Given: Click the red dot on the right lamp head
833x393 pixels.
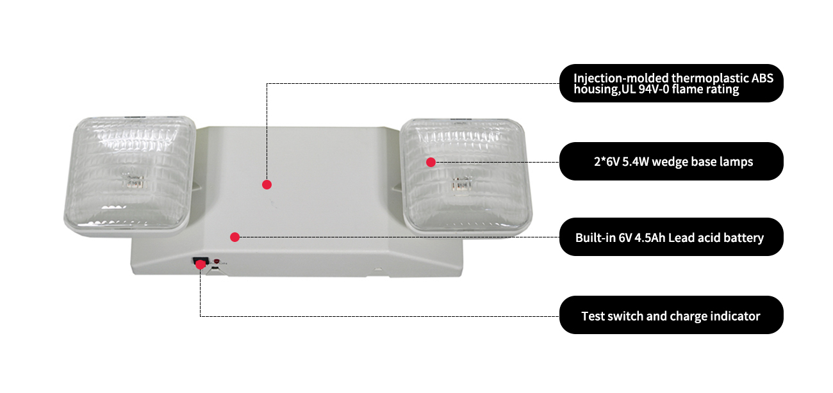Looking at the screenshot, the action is pos(431,162).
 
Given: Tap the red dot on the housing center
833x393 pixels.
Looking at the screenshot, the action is pos(267,184).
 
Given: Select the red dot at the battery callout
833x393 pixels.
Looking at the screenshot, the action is pos(235,237).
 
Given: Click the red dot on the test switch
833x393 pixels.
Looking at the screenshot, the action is pos(200,264).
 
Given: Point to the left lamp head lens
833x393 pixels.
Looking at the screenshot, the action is pos(129,172).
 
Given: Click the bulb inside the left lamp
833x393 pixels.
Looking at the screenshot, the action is pos(134,182).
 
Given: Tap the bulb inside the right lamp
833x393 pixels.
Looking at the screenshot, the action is pos(461,184).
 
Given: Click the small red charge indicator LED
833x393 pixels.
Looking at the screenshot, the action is pos(217,261).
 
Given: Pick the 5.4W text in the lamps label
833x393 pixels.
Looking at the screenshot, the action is pos(636,161).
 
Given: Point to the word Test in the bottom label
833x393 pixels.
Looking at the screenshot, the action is pos(593,316).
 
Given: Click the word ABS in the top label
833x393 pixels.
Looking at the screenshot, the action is pos(763,78).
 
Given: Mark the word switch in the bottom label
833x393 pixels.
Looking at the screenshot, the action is pos(625,316).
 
